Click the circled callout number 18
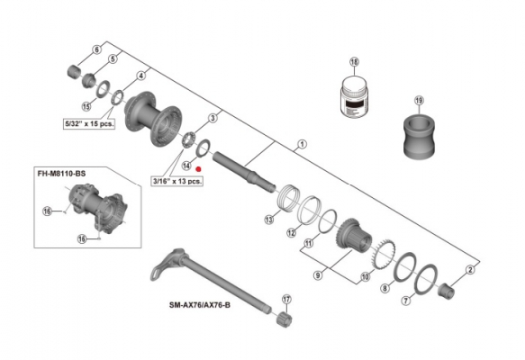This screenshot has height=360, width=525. pos(354,62)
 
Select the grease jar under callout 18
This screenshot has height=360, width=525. pos(355,96)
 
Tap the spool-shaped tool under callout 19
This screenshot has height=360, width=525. pos(419,136)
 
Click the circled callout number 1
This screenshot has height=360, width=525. pos(302,145)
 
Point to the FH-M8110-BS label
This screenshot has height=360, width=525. pos(61,174)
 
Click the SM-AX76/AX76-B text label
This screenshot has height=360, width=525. pos(200,305)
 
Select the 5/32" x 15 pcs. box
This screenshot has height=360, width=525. pos(89,124)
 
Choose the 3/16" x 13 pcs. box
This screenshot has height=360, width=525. pos(177,181)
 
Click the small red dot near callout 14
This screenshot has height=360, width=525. pos(198,169)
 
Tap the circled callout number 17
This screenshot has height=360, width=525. pos(286,299)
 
